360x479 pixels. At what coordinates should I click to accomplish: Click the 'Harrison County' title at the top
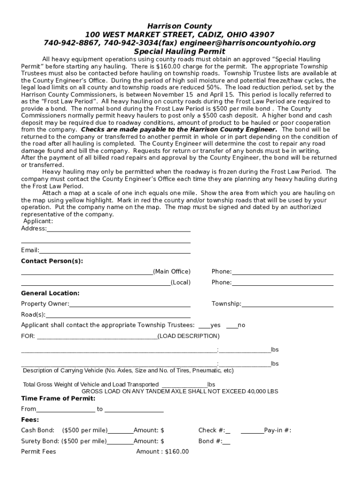coord(180,26)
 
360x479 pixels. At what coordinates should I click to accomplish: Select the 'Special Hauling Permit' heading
coord(180,51)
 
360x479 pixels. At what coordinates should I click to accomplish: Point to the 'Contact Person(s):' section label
coord(52,261)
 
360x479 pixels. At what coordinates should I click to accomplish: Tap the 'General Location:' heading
coord(50,293)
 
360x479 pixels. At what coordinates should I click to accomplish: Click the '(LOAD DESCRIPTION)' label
coord(188,336)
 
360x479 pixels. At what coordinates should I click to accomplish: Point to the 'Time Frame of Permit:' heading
coord(58,399)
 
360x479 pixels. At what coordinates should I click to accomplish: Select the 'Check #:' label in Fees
coord(211,430)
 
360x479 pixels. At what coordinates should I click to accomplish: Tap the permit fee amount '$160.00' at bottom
coord(177,451)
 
